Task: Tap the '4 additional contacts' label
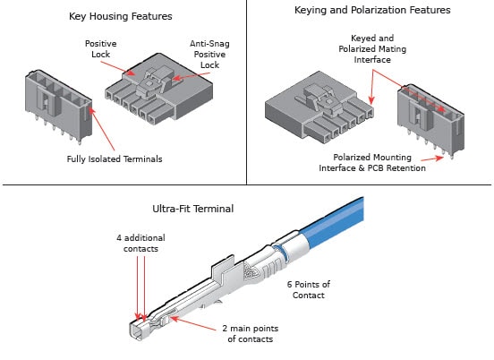[x=140, y=243]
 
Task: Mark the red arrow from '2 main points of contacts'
[x=197, y=323]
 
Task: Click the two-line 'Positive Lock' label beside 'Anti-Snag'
[x=101, y=48]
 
